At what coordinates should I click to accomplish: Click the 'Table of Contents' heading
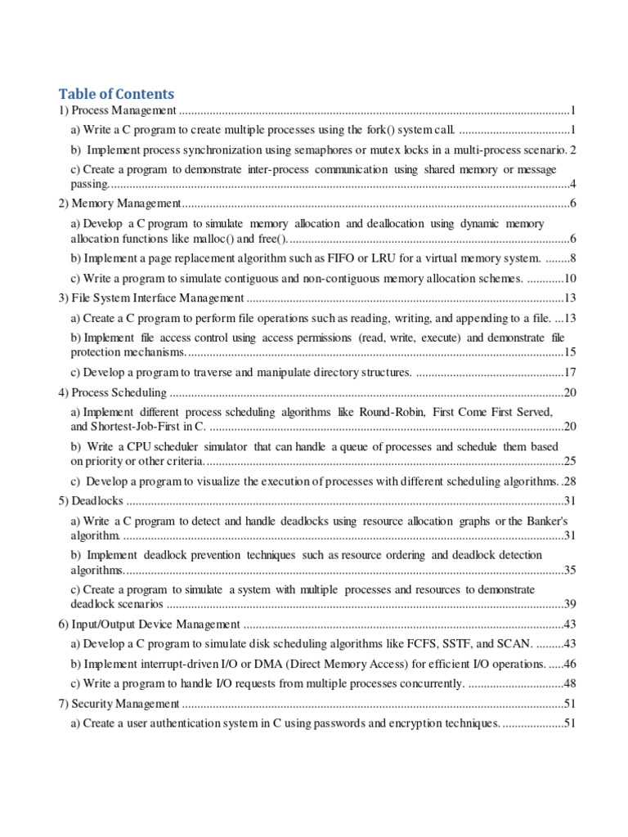pos(116,94)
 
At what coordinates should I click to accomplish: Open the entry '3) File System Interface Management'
pos(150,298)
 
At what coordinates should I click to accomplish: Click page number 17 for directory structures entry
pos(570,372)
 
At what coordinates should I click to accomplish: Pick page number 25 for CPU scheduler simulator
pos(570,461)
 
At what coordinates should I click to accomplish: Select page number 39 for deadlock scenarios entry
pos(570,604)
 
